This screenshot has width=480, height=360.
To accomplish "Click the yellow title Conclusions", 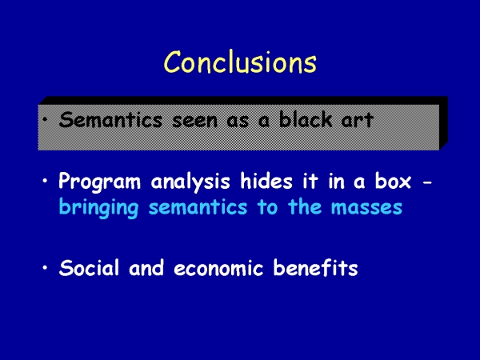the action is coord(240,62).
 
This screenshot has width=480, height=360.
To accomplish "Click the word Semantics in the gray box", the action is coord(110,120).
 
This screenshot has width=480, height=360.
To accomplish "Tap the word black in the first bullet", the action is coord(306,119).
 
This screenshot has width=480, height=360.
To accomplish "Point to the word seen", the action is coord(194,121).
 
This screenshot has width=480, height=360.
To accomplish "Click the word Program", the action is coord(100,182).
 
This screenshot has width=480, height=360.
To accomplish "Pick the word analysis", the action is coord(190,182).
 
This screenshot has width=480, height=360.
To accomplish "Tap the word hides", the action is coord(266,181).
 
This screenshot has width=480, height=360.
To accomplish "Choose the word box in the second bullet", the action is coord(393,181).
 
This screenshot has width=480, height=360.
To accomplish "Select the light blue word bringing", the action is coord(98,208).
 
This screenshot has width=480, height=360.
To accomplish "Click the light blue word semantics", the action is coord(198,207).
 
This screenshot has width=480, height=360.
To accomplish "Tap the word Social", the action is coord(89,267).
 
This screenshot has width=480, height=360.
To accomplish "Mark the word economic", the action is coord(218,269).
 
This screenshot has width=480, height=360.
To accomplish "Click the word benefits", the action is coord(316,267).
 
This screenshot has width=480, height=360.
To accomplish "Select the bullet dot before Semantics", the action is coord(46,119).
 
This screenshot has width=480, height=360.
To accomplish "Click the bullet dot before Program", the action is coord(46,181).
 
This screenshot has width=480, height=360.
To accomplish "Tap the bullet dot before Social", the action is coord(46,268).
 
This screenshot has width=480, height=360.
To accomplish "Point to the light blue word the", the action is coord(305,207).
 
